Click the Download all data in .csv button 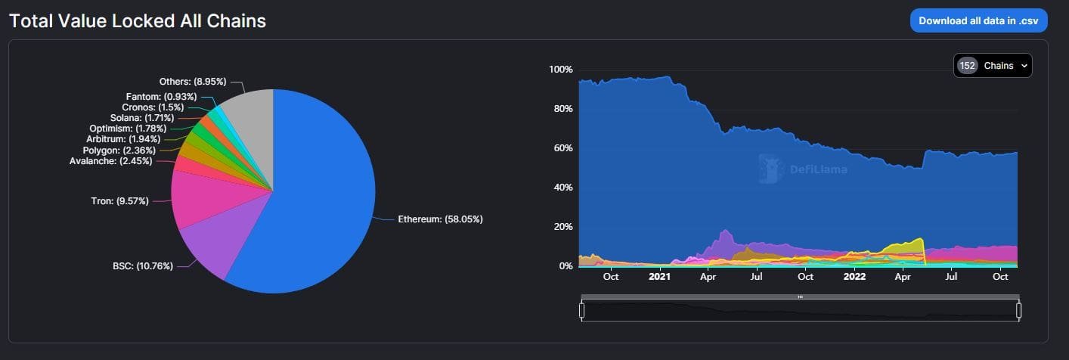[x=978, y=20]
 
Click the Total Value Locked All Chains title [x=138, y=20]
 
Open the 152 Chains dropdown [x=993, y=66]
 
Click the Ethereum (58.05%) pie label [x=440, y=219]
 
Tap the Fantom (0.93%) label [x=161, y=97]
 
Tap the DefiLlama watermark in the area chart [x=803, y=169]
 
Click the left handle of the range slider [x=581, y=310]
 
